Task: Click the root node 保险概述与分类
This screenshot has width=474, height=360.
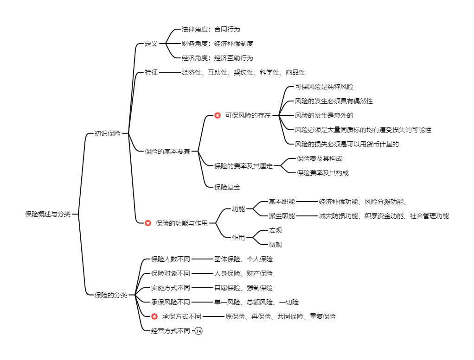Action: point(48,214)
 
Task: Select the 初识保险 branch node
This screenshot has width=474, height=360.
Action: point(107,133)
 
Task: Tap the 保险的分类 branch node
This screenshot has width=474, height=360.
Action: point(110,295)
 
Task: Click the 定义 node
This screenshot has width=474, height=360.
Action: point(151,44)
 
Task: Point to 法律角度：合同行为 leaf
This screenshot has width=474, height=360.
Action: point(211,30)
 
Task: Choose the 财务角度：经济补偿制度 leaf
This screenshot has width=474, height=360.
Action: point(217,44)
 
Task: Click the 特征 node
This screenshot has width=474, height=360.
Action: point(151,72)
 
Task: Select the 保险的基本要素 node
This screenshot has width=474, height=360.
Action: point(167,151)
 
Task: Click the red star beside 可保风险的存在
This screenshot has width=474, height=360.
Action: point(218,115)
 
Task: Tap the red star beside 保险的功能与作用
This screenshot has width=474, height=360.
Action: point(148,223)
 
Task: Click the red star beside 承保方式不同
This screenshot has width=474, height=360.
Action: point(154,316)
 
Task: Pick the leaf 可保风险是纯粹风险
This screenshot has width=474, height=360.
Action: point(324,87)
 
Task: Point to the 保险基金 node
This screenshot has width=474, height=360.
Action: point(227,187)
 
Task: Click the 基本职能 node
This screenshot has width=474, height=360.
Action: point(282,202)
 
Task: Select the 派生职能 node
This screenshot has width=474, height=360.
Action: point(282,216)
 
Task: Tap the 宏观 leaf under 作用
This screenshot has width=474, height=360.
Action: point(275,230)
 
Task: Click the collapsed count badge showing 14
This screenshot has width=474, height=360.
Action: point(199,331)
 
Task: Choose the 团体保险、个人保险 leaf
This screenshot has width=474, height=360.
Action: point(243,259)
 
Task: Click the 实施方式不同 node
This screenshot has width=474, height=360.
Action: point(170,288)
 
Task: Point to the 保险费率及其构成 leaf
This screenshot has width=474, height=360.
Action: point(322,173)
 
